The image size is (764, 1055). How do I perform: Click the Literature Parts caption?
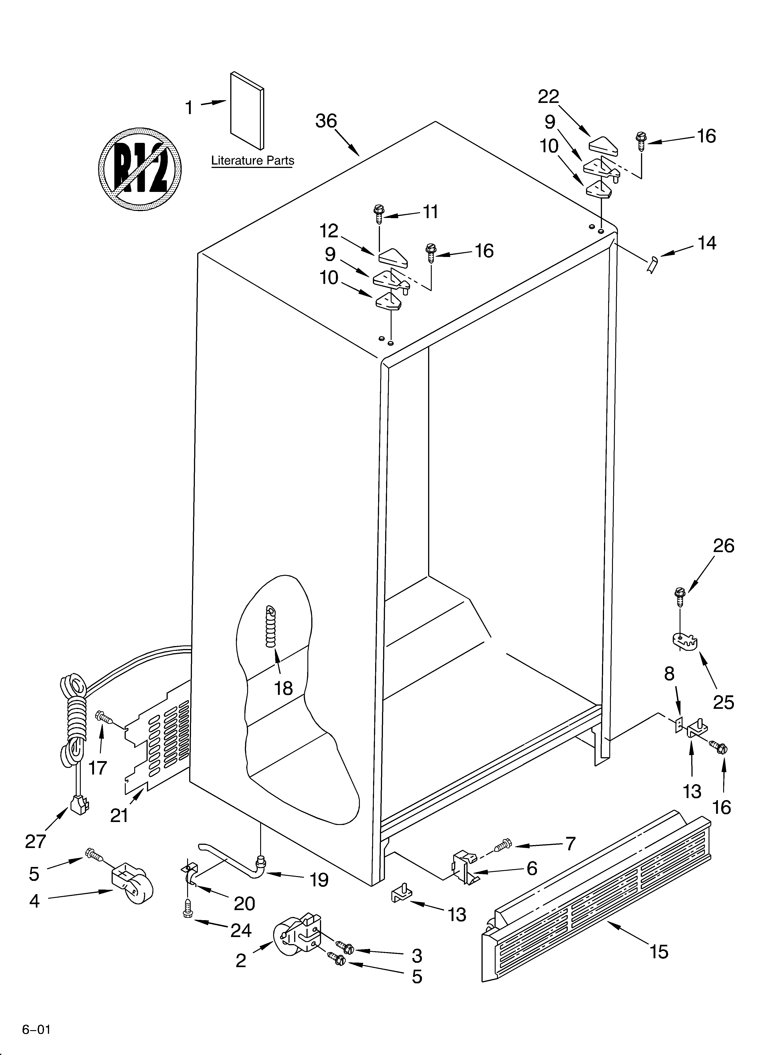(x=253, y=160)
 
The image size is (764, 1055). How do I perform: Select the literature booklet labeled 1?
(x=247, y=111)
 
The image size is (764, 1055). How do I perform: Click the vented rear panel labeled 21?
(x=158, y=735)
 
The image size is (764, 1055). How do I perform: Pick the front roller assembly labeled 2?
(x=298, y=941)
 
